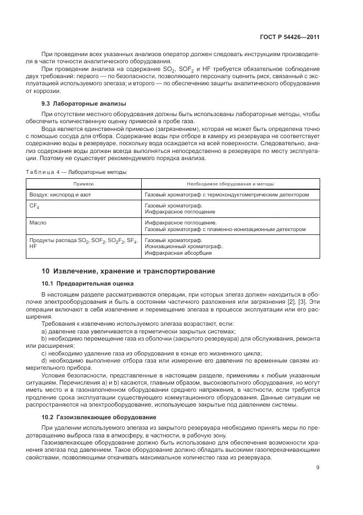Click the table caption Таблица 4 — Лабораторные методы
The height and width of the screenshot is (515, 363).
[x=76, y=172]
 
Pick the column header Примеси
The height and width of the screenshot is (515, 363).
[x=84, y=184]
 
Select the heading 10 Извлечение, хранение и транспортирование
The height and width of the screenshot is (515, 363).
[x=128, y=271]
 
